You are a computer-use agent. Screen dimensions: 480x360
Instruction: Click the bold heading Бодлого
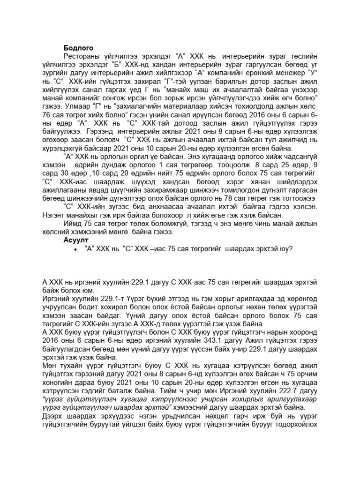click(x=78, y=48)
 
